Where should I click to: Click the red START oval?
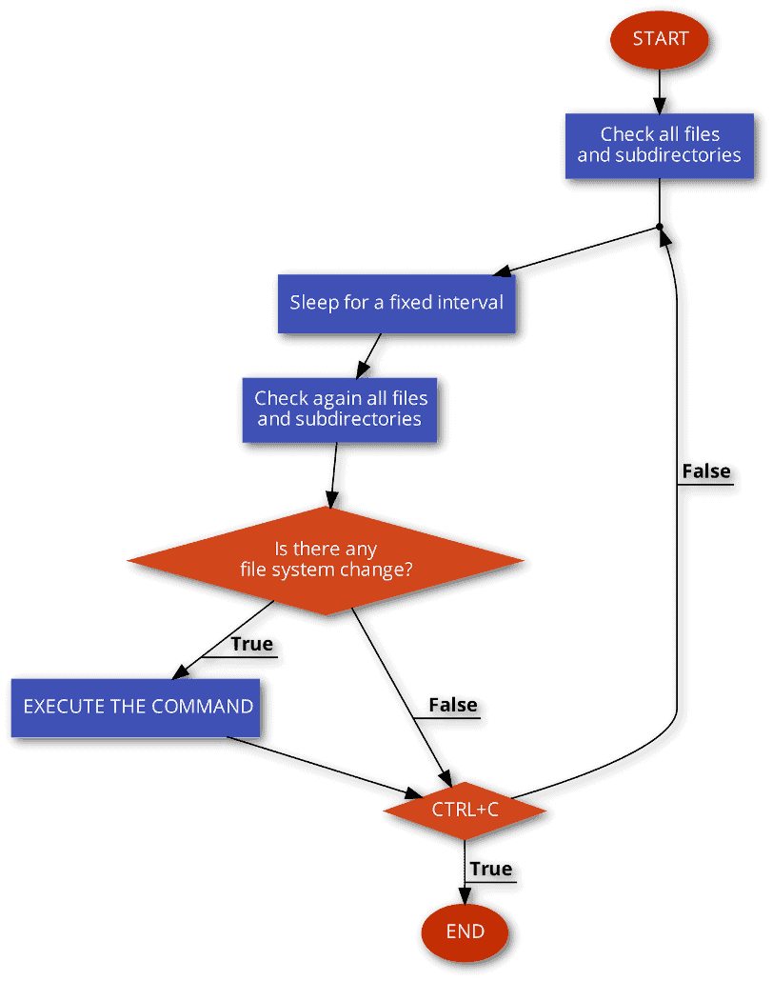pos(660,39)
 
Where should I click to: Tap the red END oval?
pos(465,932)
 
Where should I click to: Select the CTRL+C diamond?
pos(465,811)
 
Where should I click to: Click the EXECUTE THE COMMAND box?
pos(135,708)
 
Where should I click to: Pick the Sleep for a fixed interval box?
pos(396,304)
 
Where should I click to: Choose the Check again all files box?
pos(339,410)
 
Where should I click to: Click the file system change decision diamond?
pos(326,560)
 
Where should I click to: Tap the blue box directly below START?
pos(659,146)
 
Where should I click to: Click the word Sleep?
pos(314,303)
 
